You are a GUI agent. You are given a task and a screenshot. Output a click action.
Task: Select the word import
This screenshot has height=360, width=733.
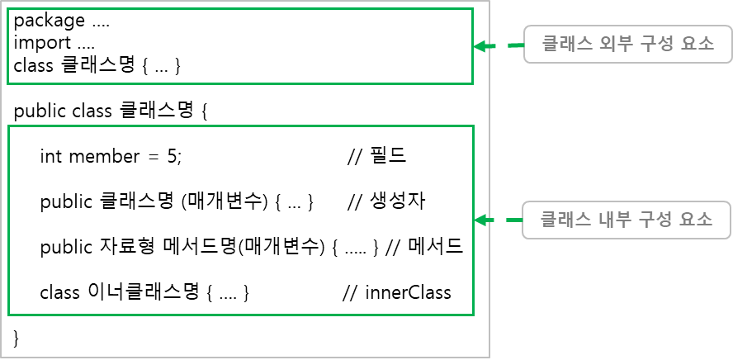pos(42,43)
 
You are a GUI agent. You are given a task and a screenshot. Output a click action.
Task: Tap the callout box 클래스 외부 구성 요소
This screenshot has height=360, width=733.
pos(628,44)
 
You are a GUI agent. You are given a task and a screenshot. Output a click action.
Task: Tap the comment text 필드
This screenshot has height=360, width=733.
pos(388,157)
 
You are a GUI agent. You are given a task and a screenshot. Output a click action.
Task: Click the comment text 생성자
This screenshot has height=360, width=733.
pos(397,201)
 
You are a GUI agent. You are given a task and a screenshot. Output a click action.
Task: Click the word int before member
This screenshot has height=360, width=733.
pos(50,157)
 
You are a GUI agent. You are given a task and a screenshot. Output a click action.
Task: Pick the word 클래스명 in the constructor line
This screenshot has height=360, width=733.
pos(135,201)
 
